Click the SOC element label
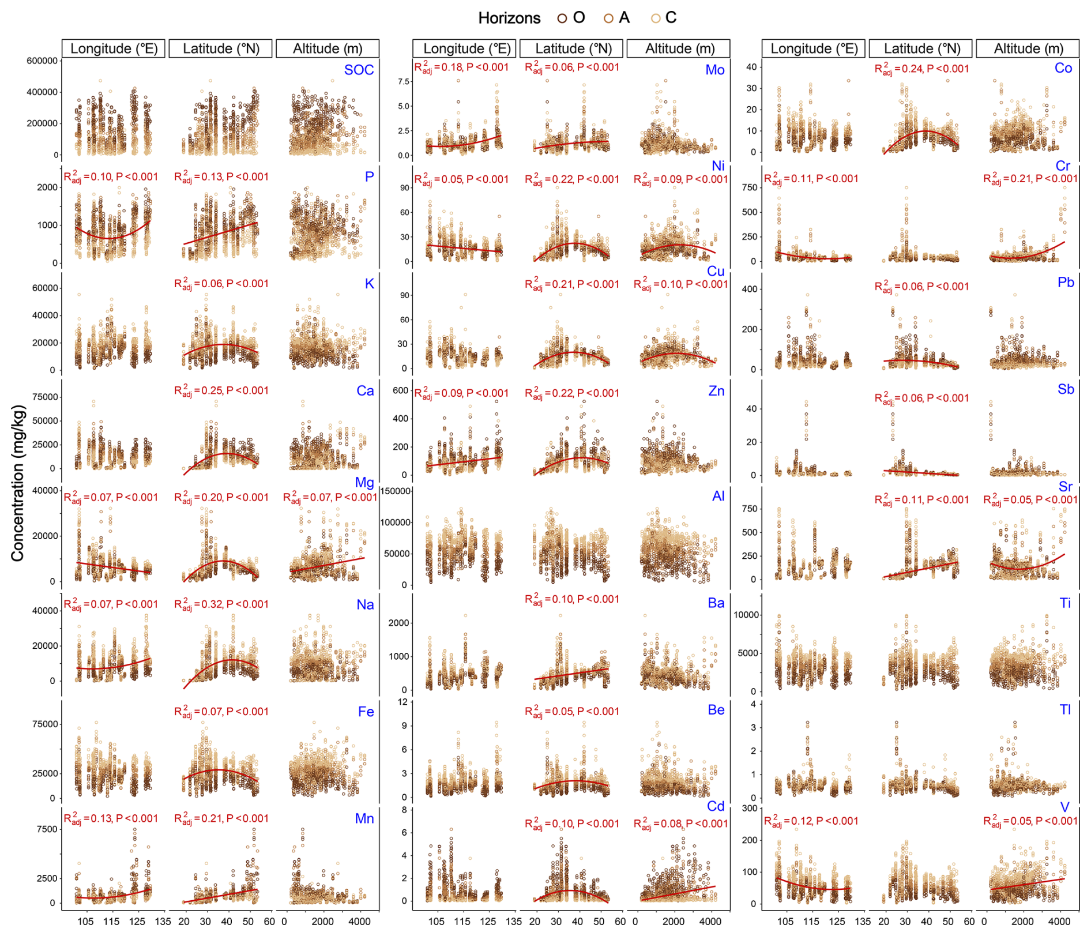tap(359, 70)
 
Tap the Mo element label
tap(714, 70)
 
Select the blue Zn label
tap(716, 391)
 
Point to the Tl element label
tap(1064, 709)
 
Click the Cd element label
tap(716, 806)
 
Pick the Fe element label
tap(366, 712)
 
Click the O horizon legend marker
tap(562, 18)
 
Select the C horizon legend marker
tap(656, 18)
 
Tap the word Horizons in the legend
tap(509, 18)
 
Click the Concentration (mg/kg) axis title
tap(18, 483)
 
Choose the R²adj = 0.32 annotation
tap(221, 604)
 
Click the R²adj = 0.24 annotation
tap(921, 69)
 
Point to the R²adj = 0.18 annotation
tap(461, 67)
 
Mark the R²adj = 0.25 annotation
tap(221, 390)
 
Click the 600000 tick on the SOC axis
tap(42, 61)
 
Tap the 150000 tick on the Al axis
tap(396, 491)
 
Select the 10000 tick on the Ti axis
tap(746, 615)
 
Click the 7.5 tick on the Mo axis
tap(404, 81)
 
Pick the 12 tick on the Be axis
tap(402, 702)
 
